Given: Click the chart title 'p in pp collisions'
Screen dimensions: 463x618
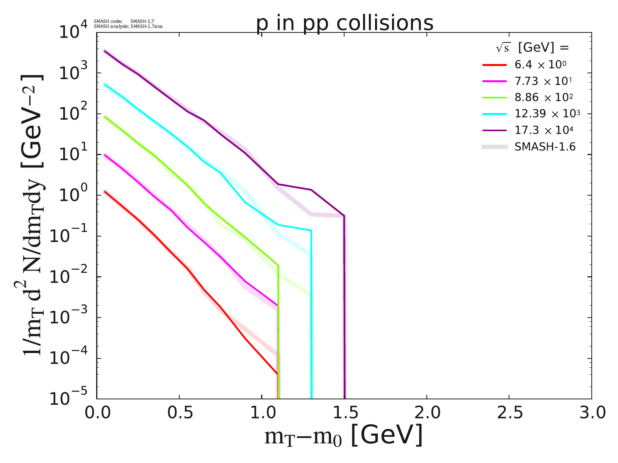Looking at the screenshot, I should (345, 24).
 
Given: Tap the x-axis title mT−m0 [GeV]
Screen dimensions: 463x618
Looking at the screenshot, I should (343, 436).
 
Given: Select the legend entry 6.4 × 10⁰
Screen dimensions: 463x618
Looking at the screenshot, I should (540, 65).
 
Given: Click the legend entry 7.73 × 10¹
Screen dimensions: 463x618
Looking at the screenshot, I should (543, 81).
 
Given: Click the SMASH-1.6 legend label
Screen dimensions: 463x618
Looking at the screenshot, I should (545, 147).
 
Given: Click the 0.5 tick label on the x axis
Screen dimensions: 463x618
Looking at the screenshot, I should (179, 413).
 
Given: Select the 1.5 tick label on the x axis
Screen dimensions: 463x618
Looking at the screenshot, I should (344, 413).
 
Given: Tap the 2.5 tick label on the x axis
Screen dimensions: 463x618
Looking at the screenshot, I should (509, 413).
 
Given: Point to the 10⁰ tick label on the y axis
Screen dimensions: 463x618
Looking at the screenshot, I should (73, 195).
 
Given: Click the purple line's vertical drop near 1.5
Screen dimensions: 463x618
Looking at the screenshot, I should (344, 309).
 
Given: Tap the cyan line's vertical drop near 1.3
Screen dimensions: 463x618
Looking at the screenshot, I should (311, 316).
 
